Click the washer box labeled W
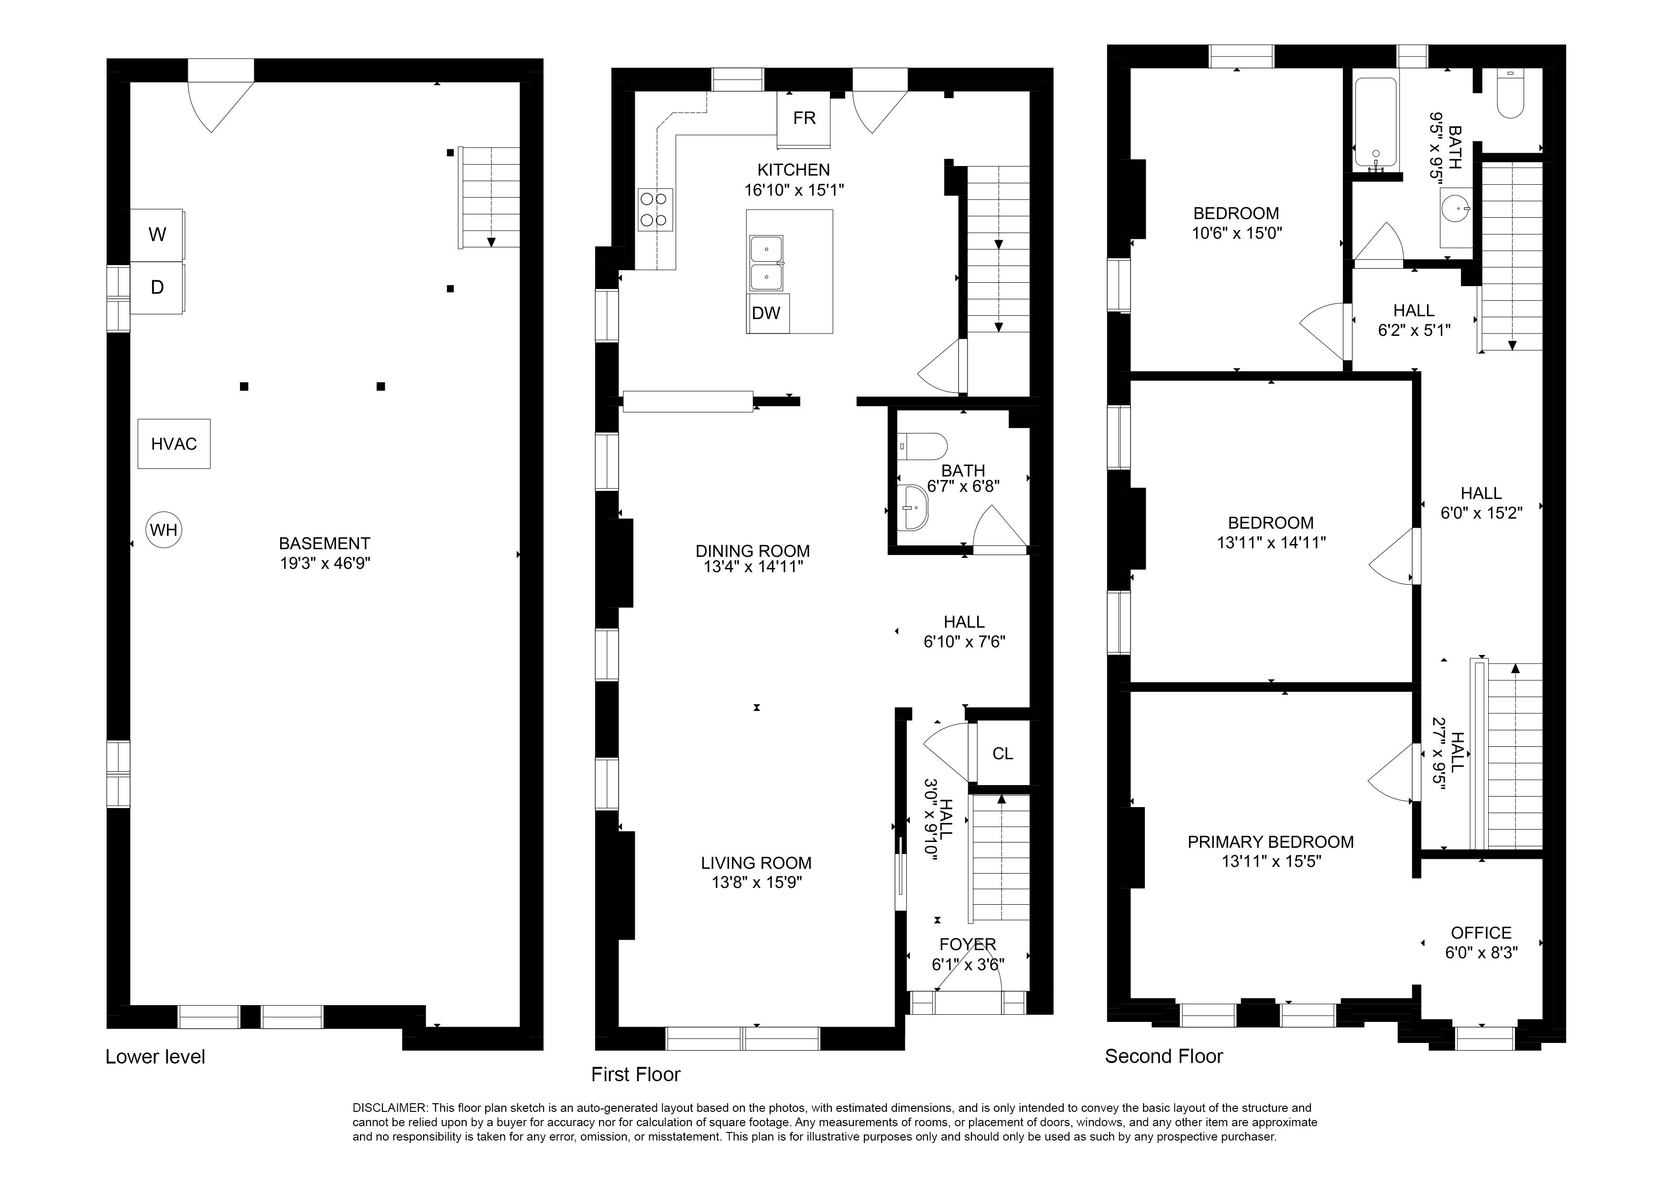coord(157,234)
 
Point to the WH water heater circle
coord(163,530)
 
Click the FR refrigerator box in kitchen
coord(804,118)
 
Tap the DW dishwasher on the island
coord(765,313)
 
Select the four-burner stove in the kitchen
coord(655,210)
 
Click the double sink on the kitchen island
coord(765,263)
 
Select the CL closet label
coord(1002,754)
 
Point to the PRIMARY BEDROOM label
coord(1270,842)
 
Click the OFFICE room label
coord(1481,933)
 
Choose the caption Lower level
coord(155,1057)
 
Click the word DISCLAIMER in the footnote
coord(390,1108)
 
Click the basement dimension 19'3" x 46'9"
coord(325,564)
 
